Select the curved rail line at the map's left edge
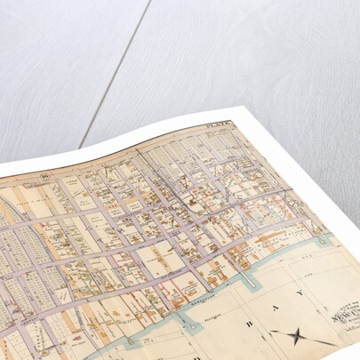(x=7, y=213)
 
